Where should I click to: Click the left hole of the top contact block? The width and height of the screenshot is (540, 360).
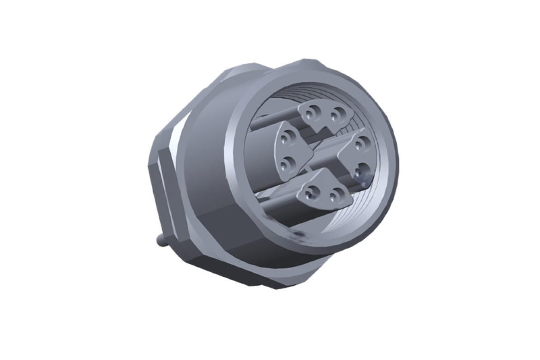(314, 111)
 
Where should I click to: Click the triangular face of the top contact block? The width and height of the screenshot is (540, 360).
(326, 115)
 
